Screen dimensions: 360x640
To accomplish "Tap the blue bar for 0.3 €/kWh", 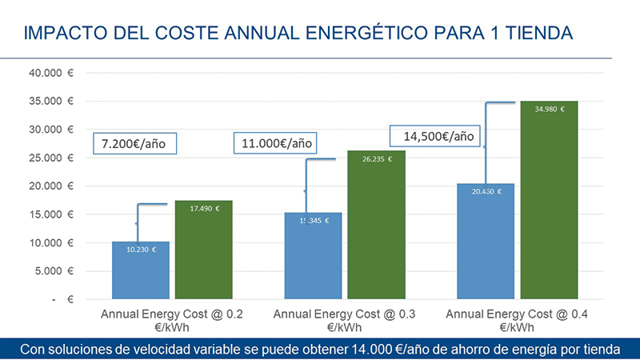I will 313,256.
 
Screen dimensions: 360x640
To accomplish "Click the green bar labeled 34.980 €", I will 548,200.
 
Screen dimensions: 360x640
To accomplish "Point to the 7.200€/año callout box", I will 134,145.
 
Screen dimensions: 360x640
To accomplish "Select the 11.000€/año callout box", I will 277,144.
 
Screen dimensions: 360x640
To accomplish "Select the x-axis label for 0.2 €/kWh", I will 172,321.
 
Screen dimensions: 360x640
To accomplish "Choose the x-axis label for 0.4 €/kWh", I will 518,321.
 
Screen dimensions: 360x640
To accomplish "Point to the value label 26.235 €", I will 376,159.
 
